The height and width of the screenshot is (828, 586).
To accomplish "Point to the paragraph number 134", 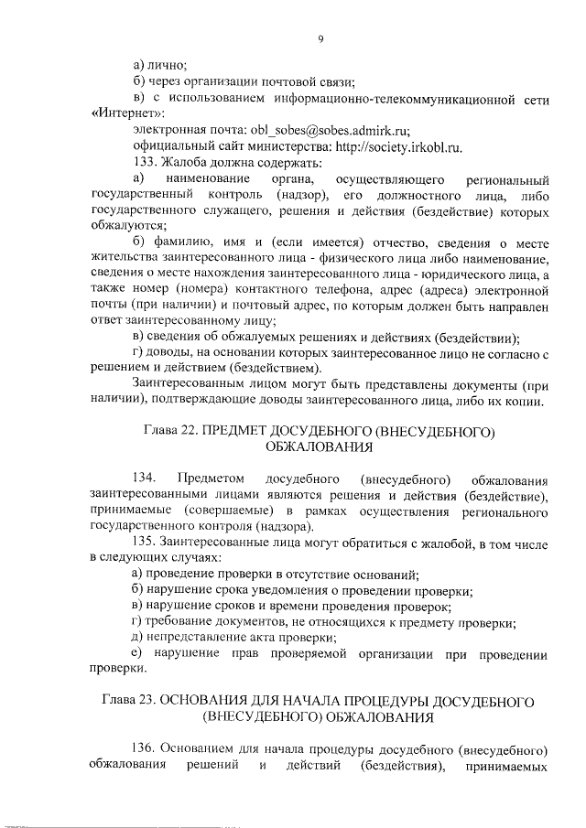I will point(145,480).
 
